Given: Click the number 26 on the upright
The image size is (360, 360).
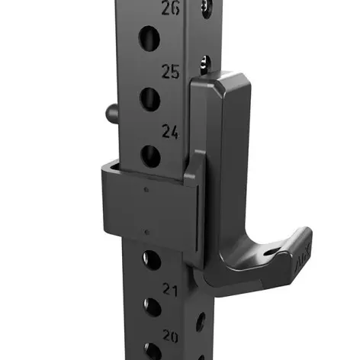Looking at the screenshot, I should point(172,9).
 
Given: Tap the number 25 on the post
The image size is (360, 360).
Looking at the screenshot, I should point(170,72).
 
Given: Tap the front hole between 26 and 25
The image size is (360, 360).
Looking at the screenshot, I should point(149,38).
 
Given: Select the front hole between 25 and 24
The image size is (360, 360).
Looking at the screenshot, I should point(149,97).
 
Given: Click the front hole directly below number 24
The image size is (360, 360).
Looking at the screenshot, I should point(151,156).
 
